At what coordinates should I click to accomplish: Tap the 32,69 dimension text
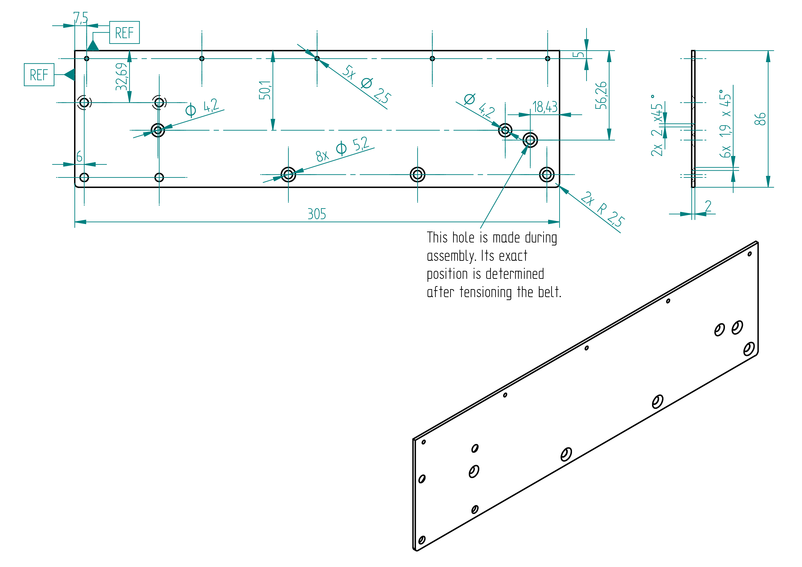121,77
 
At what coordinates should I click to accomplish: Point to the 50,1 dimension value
265,90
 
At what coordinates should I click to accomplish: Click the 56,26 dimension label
601,95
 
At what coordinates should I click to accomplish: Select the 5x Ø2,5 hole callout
366,84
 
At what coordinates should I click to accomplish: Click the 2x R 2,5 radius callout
603,209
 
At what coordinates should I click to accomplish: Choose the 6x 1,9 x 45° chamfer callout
725,124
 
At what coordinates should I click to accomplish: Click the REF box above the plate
124,32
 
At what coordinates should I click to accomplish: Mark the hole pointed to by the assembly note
530,140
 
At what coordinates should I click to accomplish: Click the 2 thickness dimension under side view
708,206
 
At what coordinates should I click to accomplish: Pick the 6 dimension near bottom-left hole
79,156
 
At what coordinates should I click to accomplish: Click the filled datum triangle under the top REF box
93,45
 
